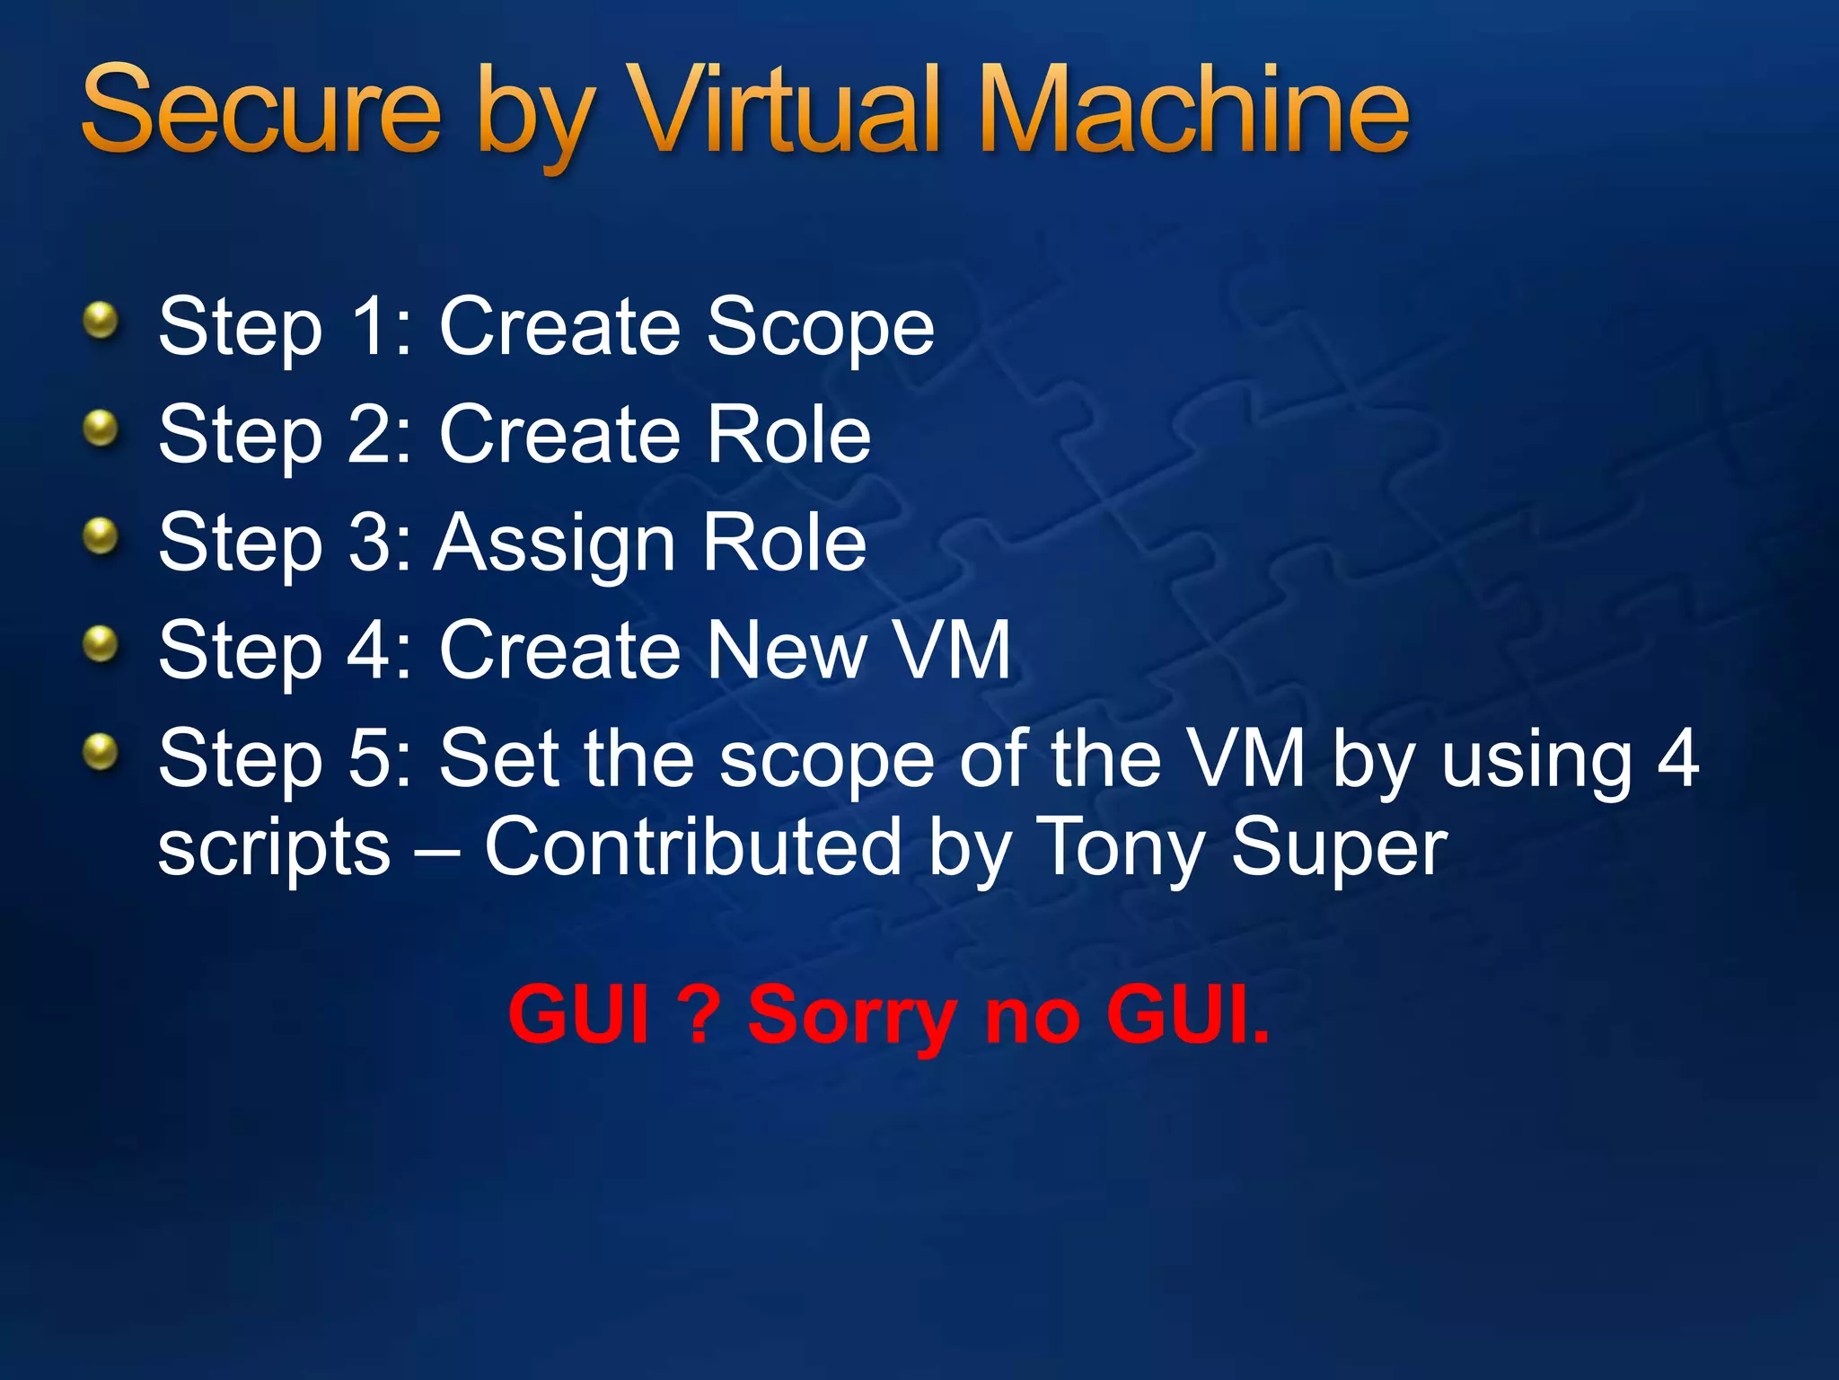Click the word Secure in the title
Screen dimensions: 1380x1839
tap(261, 111)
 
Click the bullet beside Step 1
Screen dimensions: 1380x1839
tap(101, 320)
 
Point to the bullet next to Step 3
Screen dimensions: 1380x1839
tap(101, 536)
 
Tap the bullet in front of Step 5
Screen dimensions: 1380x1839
tap(101, 752)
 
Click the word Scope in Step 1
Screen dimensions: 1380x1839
tap(820, 327)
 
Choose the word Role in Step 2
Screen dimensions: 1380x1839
tap(788, 435)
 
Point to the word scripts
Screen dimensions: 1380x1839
tap(274, 849)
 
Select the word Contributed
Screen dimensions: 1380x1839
tap(692, 847)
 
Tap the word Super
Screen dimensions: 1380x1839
tap(1339, 849)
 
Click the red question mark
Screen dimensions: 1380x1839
tap(700, 1014)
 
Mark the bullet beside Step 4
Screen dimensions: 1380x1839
tap(101, 644)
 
